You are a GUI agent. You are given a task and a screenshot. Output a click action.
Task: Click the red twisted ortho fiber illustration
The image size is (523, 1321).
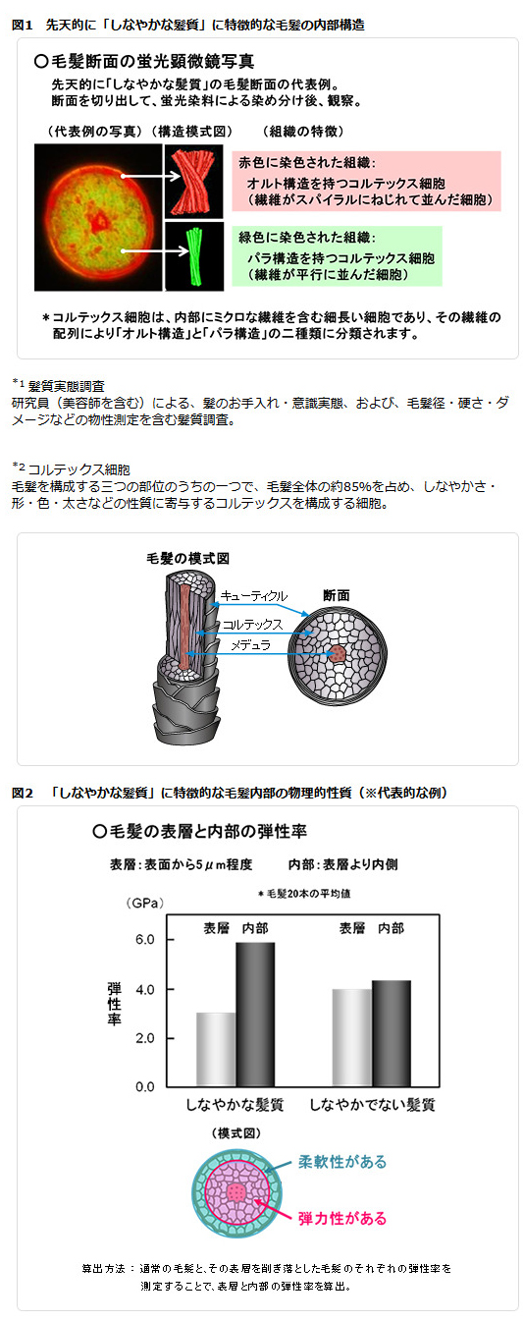tap(193, 182)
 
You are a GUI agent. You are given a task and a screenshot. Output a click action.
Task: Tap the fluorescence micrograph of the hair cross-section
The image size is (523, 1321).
tap(98, 218)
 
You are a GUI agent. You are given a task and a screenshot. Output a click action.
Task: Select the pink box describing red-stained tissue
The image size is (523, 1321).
tap(366, 181)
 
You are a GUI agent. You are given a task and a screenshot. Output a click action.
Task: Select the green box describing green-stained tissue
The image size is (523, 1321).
tap(337, 256)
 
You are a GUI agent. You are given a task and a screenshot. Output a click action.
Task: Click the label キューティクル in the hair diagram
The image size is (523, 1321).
tap(253, 595)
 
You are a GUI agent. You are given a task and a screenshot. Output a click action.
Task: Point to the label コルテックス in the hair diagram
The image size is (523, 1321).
tap(252, 624)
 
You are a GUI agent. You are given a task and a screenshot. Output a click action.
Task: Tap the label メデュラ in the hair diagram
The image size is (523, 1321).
tap(250, 645)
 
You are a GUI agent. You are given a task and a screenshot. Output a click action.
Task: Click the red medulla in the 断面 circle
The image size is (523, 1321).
tap(337, 653)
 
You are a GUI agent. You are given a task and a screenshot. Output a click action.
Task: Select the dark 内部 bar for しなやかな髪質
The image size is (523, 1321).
tap(255, 1015)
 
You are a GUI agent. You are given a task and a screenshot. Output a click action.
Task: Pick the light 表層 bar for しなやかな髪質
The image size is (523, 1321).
tap(216, 1050)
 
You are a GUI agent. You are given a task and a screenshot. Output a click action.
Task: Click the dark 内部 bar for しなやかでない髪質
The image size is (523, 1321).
tap(392, 1034)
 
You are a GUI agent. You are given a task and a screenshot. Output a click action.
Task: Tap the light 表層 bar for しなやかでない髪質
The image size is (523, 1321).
tap(352, 1038)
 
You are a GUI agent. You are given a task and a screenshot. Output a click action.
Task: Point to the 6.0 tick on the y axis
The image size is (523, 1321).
tap(145, 940)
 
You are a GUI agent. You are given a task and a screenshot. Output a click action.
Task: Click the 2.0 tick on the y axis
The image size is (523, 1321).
tap(145, 1038)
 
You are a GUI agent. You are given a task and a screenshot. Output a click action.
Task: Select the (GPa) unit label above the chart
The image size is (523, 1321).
tap(145, 903)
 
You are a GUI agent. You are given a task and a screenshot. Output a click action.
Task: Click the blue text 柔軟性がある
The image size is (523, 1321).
tap(342, 1162)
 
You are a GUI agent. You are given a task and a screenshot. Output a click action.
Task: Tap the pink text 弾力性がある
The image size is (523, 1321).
tap(342, 1218)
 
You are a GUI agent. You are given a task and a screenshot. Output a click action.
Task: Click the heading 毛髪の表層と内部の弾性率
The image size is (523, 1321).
tap(199, 832)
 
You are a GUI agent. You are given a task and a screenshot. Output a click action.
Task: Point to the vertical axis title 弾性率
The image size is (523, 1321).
tap(114, 1004)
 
